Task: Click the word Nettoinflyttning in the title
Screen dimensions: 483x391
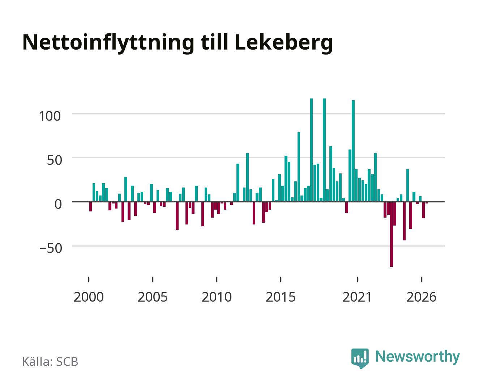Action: [x=108, y=43]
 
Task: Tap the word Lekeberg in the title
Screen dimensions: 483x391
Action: [x=284, y=43]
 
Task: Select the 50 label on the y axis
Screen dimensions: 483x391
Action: [x=55, y=160]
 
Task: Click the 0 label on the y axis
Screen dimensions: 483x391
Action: [x=58, y=204]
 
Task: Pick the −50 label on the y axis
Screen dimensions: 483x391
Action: [x=51, y=248]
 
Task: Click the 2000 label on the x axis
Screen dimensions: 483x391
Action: [x=89, y=297]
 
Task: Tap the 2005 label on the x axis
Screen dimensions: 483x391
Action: [x=153, y=297]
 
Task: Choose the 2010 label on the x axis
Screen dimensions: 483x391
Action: [x=217, y=297]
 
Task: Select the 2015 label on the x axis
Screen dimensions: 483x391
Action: [x=281, y=297]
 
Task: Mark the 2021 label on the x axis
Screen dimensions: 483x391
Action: [x=357, y=297]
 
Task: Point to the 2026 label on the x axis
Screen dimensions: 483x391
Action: [x=422, y=297]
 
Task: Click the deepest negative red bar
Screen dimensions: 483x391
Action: [x=392, y=234]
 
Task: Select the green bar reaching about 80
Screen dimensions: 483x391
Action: [x=299, y=167]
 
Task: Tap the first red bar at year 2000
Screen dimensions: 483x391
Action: [x=90, y=207]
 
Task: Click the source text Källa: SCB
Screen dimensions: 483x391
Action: [x=50, y=362]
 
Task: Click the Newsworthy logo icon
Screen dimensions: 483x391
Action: [x=360, y=358]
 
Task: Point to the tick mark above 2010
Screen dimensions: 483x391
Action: [x=217, y=279]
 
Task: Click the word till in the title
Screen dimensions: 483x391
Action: [x=214, y=42]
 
